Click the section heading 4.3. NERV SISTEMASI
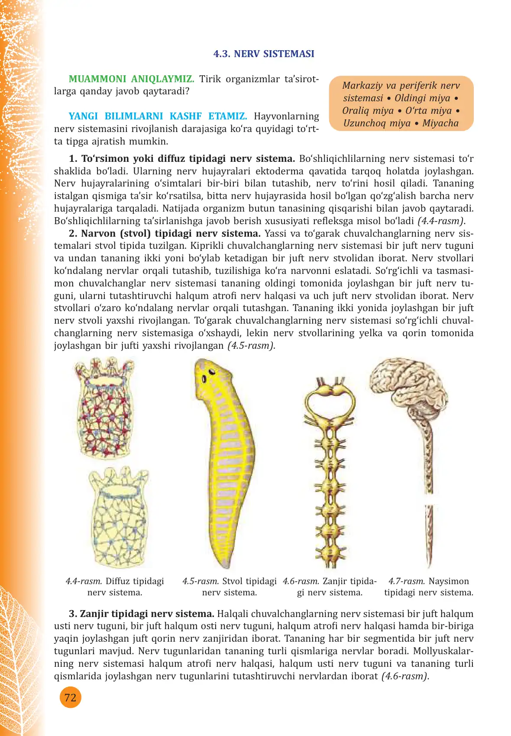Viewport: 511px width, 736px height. [x=264, y=54]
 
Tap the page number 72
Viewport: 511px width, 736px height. [x=70, y=697]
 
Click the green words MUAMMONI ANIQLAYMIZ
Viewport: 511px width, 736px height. [x=131, y=79]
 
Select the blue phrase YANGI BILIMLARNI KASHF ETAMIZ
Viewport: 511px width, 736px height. [x=158, y=116]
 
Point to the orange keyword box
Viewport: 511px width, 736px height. [x=401, y=104]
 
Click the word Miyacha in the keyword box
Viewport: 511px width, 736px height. [x=440, y=123]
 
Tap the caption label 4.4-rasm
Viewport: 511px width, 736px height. [x=84, y=581]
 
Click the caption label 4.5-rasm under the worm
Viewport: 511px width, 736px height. [x=201, y=581]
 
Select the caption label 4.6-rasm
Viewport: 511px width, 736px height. [x=301, y=581]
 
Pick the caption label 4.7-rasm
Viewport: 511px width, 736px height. [x=406, y=581]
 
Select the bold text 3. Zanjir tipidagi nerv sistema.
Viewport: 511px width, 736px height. [x=142, y=614]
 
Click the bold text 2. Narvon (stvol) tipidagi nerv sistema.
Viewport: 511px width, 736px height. [x=165, y=234]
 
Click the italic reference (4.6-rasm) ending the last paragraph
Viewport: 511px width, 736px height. [x=405, y=676]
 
